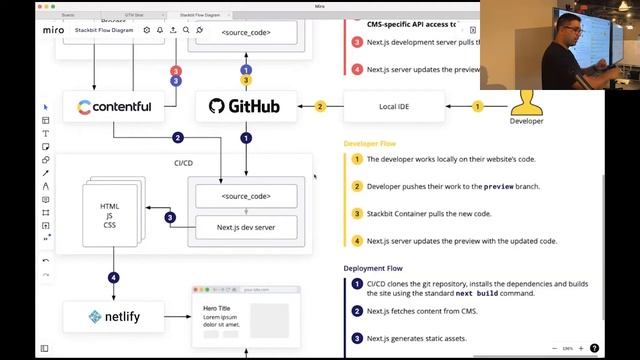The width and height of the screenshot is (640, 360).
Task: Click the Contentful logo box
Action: coord(115,106)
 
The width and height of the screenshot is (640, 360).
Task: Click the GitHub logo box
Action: coord(245,106)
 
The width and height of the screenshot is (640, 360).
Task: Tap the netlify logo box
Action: coord(114,317)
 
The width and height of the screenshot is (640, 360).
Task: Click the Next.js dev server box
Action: coord(246,228)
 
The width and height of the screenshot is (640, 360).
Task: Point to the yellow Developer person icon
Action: coord(527,100)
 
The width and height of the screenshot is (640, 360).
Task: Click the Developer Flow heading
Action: coord(369,144)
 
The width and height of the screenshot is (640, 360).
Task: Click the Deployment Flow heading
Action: coord(373,268)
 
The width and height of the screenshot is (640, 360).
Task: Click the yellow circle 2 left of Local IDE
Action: coord(321,106)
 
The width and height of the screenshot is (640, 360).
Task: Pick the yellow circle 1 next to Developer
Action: coord(477,106)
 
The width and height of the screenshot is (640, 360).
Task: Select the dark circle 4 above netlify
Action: coord(114,277)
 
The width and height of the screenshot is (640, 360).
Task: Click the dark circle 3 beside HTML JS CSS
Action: coord(170,217)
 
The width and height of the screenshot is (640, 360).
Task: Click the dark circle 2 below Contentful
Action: coord(178,138)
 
